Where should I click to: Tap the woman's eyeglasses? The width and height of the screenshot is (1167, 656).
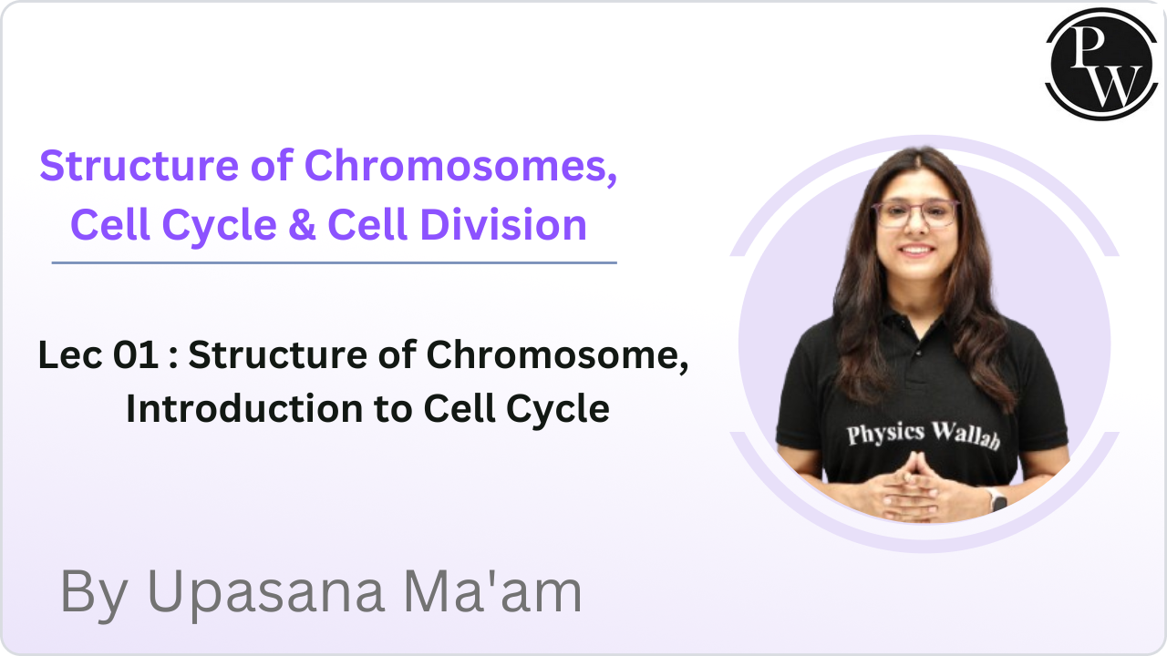pos(914,214)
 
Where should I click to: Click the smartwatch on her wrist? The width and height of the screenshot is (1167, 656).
pos(996,499)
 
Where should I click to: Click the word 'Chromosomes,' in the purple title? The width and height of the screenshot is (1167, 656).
pos(460,167)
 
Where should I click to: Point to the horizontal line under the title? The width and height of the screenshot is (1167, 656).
pos(334,262)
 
